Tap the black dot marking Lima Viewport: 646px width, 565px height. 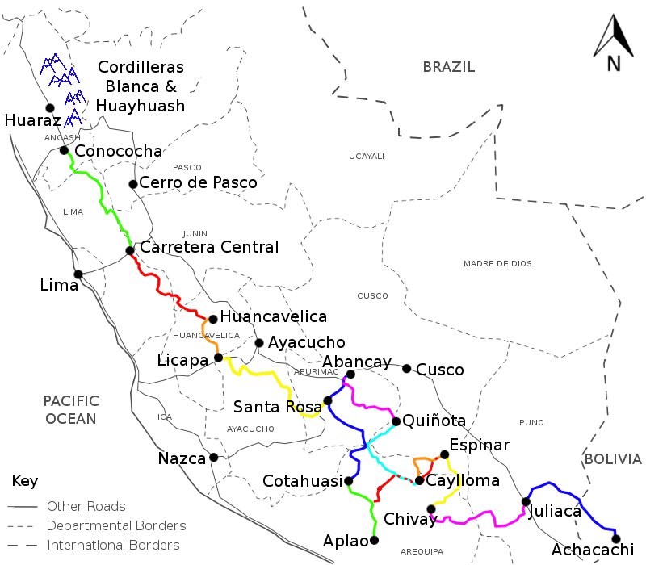click(78, 274)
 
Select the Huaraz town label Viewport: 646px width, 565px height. click(32, 121)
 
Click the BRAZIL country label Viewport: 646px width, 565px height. click(448, 67)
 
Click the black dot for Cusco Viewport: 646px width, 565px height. click(408, 368)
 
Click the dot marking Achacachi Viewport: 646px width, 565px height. click(616, 538)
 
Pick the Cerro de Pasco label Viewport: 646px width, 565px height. click(198, 183)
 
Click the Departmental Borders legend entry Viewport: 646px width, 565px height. click(116, 525)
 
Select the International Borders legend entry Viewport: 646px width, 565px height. click(113, 545)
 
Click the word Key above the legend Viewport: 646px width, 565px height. click(24, 481)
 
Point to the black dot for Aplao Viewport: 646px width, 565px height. click(374, 540)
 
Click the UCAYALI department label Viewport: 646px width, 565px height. click(367, 156)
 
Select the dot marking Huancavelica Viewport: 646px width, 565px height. click(212, 319)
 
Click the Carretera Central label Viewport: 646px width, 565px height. click(209, 247)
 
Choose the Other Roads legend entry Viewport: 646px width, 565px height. click(86, 506)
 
